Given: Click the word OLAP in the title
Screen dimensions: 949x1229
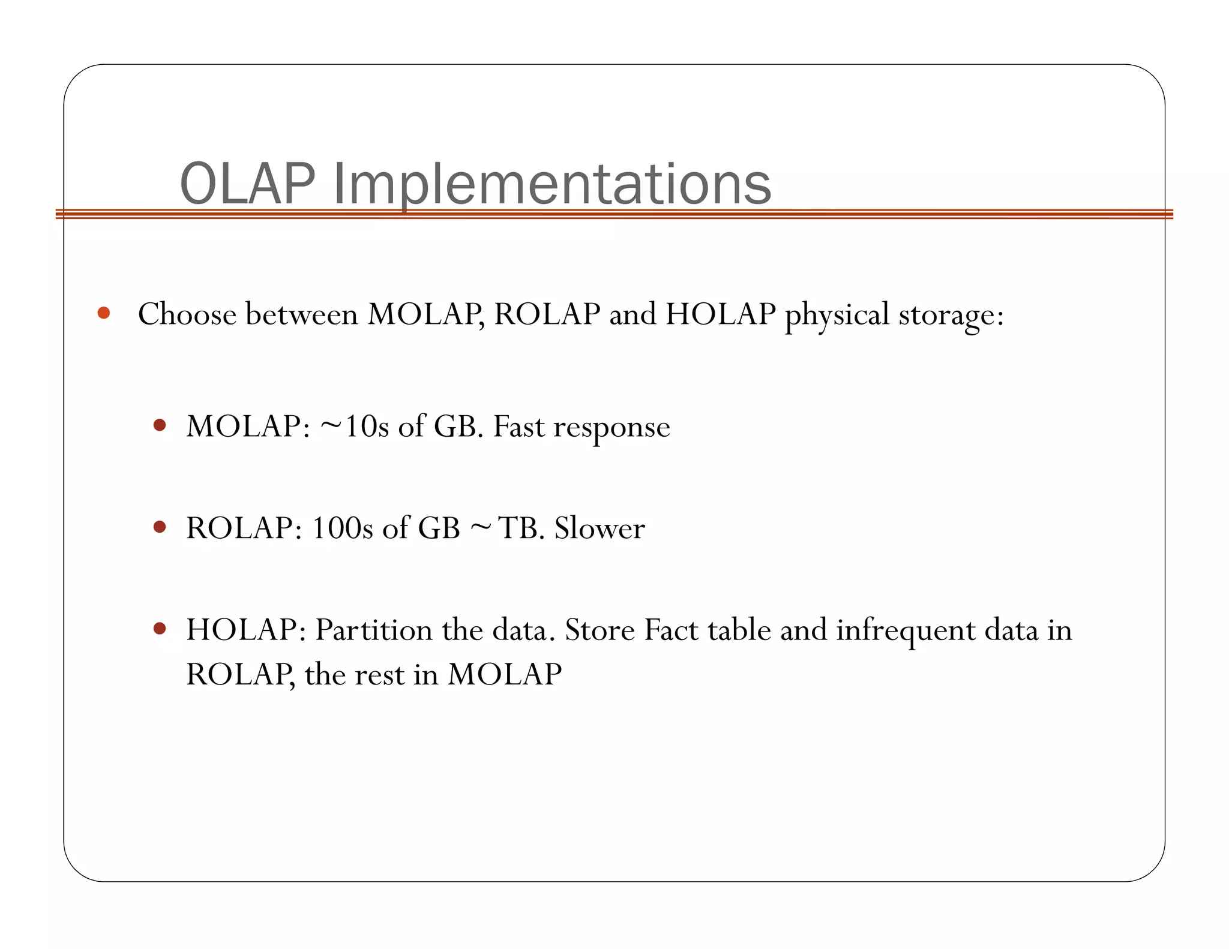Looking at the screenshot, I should point(247,184).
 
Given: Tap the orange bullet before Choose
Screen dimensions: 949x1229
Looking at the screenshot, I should point(104,313).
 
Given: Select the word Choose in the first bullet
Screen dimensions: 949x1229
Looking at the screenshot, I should point(187,314).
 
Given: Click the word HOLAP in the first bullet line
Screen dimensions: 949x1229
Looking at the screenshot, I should point(721,314).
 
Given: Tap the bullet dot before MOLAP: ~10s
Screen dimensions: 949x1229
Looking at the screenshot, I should point(159,425).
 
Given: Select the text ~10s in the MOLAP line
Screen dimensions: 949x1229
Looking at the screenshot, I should point(355,427).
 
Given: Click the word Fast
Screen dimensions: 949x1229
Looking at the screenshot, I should point(518,427).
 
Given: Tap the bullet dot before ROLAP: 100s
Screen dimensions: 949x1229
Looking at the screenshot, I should point(159,527).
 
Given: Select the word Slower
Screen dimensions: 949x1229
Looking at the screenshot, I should point(599,528).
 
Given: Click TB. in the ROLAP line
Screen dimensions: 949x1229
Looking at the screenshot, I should point(521,528).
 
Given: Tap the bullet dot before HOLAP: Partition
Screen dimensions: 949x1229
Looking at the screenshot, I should point(159,628).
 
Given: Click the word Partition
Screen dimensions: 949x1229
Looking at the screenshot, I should point(374,630).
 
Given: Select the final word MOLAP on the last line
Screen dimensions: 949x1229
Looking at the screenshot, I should point(504,674).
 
